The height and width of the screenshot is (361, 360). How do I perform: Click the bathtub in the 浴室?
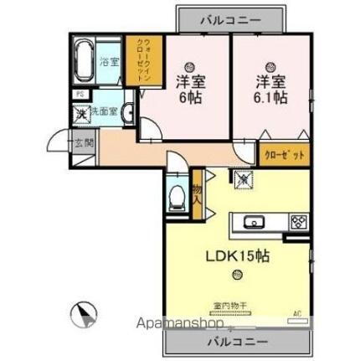[85, 60]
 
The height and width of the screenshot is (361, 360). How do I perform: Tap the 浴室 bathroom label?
[110, 61]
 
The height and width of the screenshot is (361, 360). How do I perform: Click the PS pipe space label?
[78, 93]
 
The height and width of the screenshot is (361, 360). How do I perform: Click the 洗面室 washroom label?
[105, 111]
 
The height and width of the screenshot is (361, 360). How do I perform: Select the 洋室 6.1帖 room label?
[267, 89]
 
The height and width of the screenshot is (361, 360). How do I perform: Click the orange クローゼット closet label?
[284, 154]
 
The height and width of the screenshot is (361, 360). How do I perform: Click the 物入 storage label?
[197, 198]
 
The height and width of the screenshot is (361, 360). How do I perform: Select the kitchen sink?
[255, 222]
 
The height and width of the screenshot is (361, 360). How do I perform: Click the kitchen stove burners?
[298, 222]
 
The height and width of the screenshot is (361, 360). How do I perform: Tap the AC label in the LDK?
[296, 315]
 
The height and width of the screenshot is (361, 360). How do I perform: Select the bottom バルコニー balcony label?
[238, 343]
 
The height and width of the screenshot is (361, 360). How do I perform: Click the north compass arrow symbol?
[85, 315]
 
